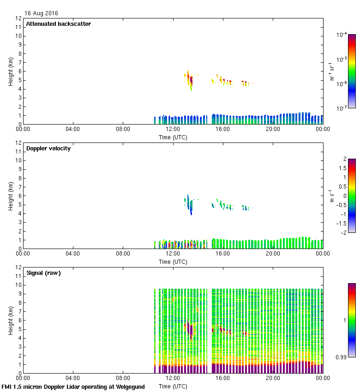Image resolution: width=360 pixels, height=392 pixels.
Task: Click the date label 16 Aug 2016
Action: coord(41,13)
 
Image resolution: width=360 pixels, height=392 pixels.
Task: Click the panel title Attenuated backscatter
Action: coord(58,24)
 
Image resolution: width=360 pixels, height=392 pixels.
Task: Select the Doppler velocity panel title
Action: coord(48,148)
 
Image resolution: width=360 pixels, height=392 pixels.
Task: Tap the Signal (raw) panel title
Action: coord(43,273)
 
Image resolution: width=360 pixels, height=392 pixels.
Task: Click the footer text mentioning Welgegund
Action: coord(73,387)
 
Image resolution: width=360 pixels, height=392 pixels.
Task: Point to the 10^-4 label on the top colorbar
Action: coord(342,35)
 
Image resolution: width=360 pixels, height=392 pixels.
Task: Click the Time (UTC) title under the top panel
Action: coord(173,137)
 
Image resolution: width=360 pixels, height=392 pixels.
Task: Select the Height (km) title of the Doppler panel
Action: coord(11,196)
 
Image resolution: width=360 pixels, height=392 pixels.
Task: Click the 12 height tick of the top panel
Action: coord(18,18)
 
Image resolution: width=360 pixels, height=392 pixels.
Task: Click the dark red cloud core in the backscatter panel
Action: coord(190,82)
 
